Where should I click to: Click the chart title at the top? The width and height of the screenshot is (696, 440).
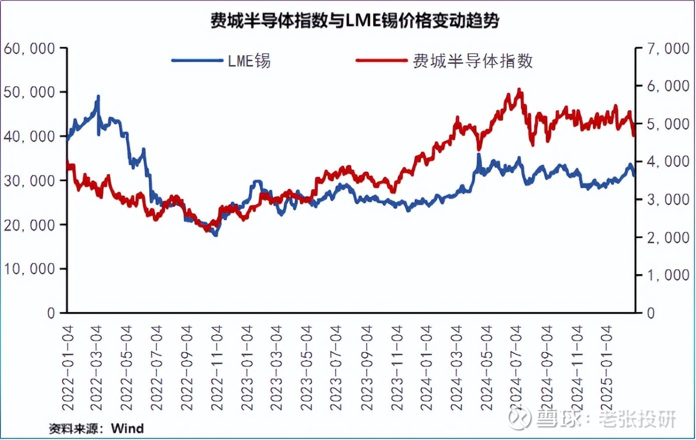354,21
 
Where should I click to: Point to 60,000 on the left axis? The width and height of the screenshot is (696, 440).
29,48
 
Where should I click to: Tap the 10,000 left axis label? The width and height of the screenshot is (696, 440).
29,269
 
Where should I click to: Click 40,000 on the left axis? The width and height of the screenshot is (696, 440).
29,136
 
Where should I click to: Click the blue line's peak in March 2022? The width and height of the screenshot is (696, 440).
98,96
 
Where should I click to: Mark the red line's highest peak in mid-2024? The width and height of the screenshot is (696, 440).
519,90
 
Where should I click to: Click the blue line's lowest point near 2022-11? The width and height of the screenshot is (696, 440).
216,235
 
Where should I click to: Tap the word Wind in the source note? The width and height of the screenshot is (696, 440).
127,428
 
